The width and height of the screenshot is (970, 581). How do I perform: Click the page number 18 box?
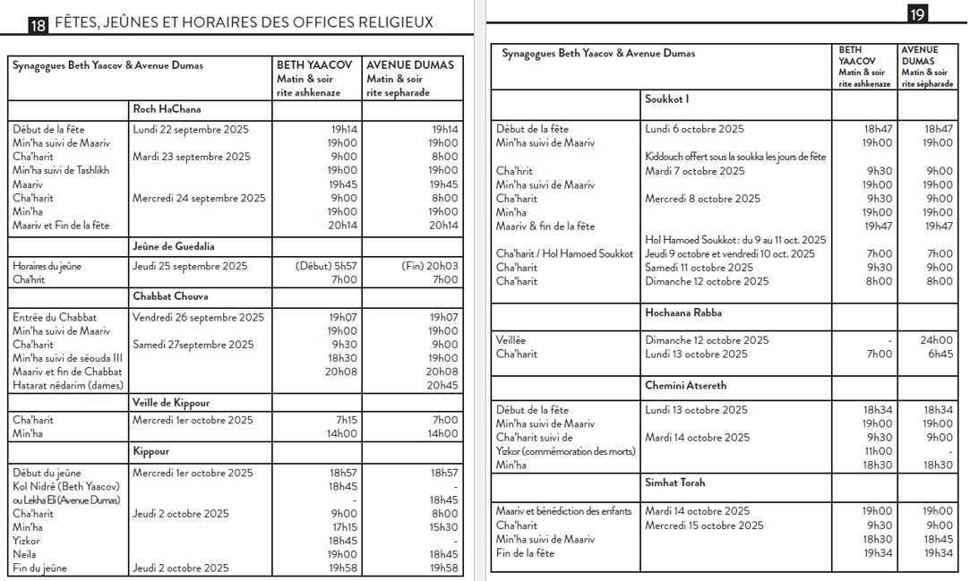[x=38, y=26]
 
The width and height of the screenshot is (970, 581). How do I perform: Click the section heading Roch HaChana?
[x=167, y=109]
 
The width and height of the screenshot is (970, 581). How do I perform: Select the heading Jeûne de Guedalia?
[x=174, y=246]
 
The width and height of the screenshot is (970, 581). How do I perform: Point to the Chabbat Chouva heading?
[x=170, y=296]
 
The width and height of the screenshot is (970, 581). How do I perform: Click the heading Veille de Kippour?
[x=171, y=403]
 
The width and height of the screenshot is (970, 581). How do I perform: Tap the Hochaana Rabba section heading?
[x=683, y=312]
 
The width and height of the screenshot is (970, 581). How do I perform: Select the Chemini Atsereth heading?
[x=686, y=386]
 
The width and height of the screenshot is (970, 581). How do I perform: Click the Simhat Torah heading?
[x=675, y=483]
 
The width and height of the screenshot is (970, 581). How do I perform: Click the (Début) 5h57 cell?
[x=326, y=266]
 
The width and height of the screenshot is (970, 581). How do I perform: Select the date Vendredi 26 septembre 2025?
[x=198, y=317]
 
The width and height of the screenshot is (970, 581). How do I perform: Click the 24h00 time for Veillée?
[x=939, y=340]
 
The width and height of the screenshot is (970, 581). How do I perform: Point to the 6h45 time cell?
[x=940, y=354]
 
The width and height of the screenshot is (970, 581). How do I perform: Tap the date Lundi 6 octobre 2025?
[x=694, y=129]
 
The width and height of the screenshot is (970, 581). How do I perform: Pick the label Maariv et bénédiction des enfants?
[x=564, y=511]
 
